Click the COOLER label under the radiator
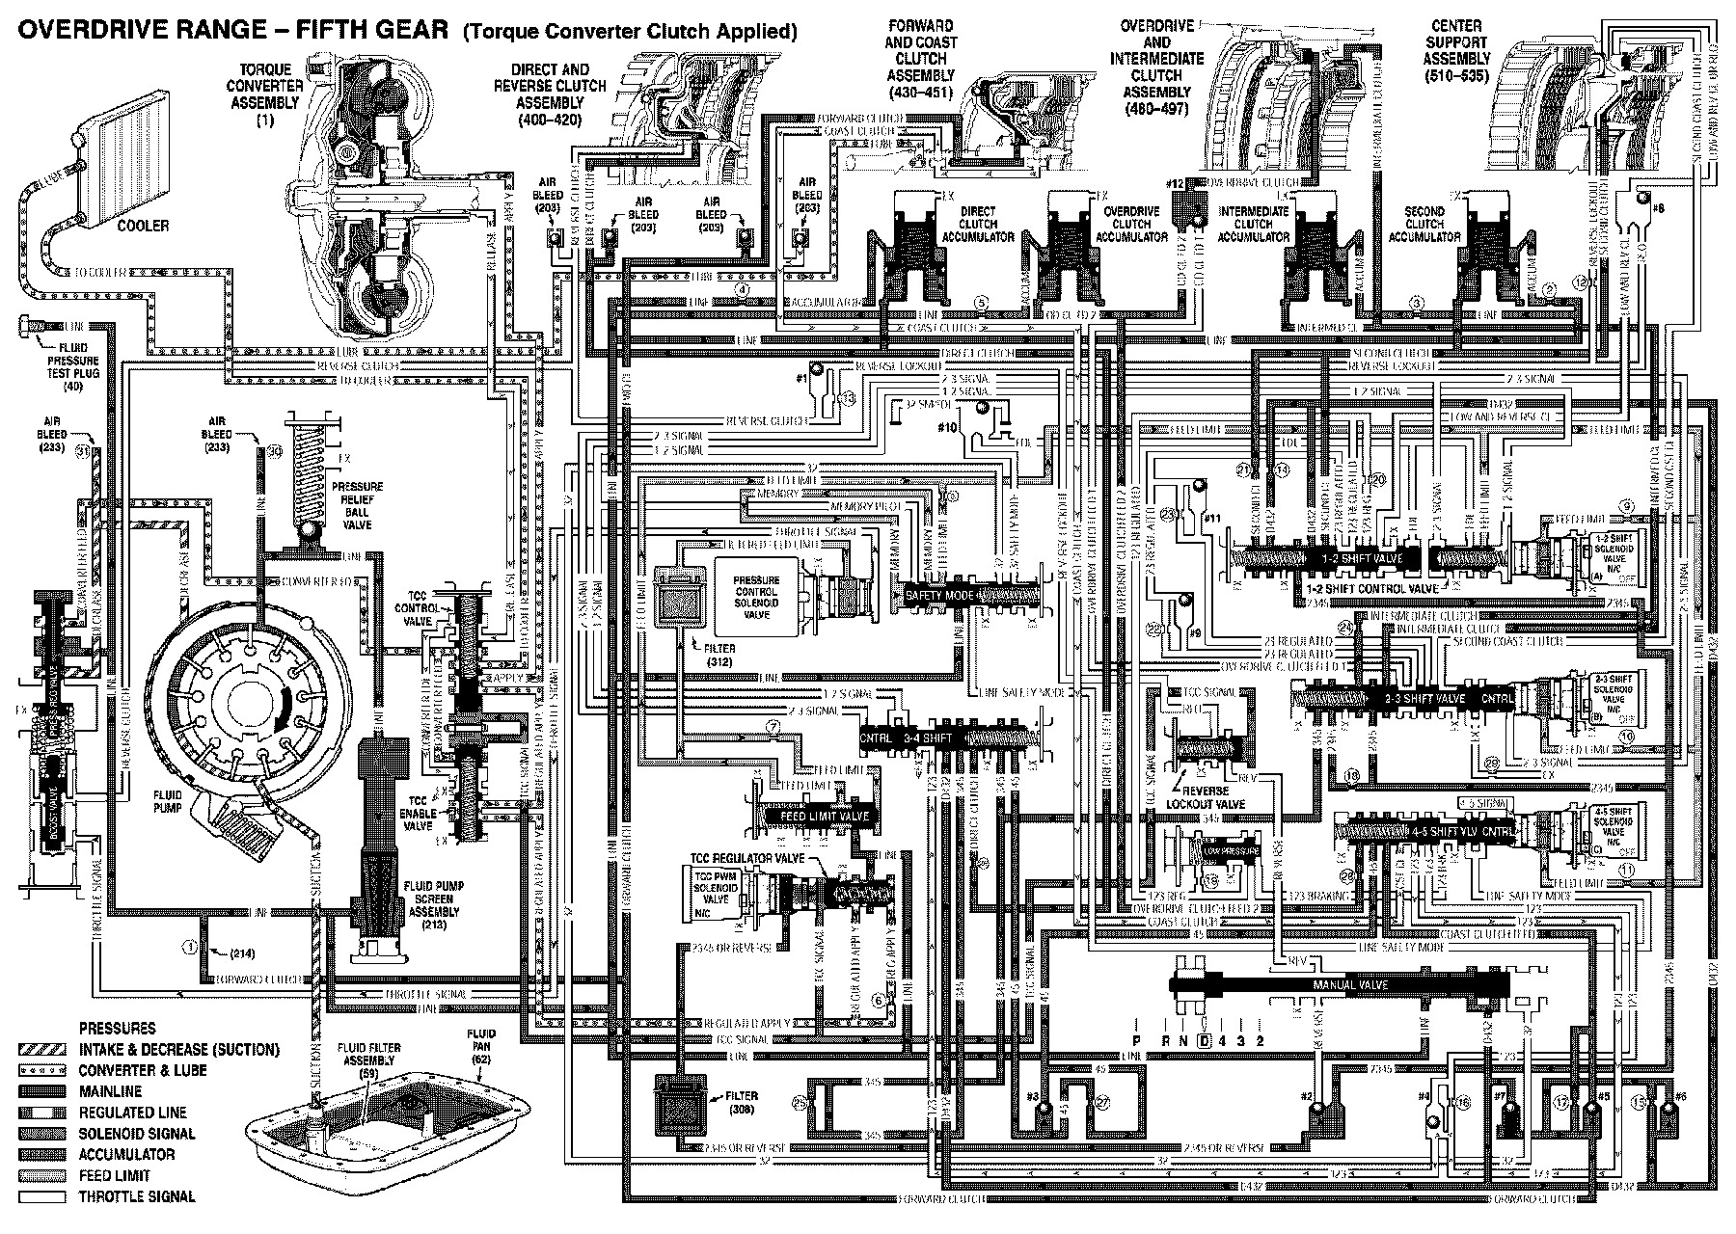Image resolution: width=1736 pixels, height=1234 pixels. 143,226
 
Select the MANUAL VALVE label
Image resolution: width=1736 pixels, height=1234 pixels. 1349,985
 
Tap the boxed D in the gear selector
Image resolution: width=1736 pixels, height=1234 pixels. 1204,1041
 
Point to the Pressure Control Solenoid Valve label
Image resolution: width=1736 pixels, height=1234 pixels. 756,598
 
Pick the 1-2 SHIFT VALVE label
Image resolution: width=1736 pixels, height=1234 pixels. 1350,558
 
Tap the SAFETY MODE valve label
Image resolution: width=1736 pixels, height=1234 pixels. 940,596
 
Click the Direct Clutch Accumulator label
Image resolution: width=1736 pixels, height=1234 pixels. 978,224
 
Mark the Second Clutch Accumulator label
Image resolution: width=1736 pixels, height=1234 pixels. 1424,224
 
